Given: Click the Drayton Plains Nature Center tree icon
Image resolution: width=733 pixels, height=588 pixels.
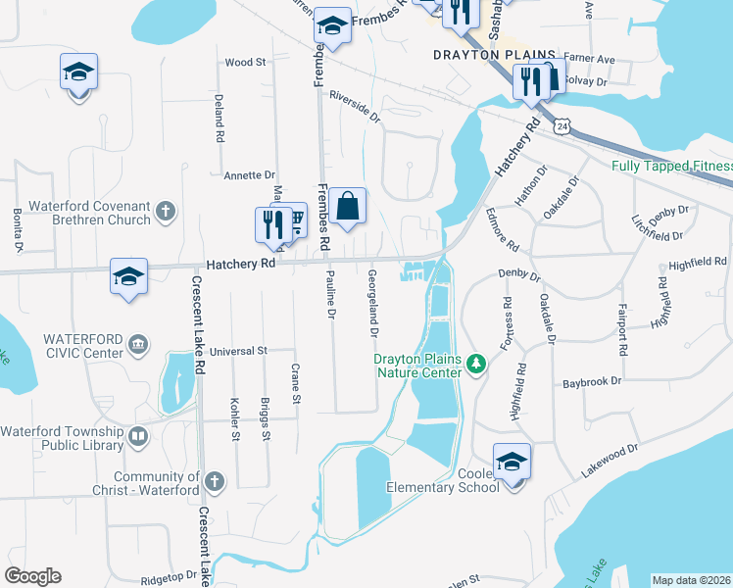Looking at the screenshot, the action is point(477,365).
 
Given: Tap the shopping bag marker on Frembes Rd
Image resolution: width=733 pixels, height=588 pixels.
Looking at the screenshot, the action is point(347,208).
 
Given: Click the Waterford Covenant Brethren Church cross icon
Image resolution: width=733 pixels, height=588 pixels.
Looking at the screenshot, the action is point(166,211).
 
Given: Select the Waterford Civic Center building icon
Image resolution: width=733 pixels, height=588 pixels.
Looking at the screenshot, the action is point(137,344).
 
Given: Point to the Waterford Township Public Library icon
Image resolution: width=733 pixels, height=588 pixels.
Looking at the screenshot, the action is point(137,437).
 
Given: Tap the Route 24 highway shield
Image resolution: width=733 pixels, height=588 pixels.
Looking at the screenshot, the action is point(561,127).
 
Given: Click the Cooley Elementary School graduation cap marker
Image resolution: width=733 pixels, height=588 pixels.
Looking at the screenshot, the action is point(512,462).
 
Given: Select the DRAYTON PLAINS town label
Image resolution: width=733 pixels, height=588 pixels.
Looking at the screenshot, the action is point(494,55).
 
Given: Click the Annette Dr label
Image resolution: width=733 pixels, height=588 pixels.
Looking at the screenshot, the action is point(250,175).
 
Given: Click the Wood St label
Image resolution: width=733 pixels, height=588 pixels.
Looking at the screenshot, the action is point(245,62).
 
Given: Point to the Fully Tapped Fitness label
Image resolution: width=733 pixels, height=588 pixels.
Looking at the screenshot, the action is point(671,166).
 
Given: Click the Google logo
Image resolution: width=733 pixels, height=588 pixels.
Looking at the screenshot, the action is point(32,576).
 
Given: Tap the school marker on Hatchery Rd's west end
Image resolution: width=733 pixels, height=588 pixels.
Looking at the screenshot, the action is point(128,276).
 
